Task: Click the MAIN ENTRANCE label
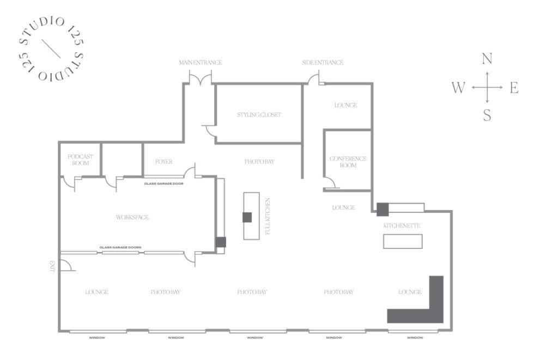click(x=201, y=63)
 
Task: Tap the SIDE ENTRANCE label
click(x=323, y=63)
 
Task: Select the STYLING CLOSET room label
click(x=259, y=115)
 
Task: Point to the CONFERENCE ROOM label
click(x=348, y=162)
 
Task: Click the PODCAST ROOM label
click(x=80, y=160)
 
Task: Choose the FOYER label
click(x=163, y=162)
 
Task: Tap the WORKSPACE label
click(x=132, y=217)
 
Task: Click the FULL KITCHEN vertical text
click(x=268, y=216)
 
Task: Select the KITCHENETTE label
click(x=402, y=225)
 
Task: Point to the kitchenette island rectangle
click(x=403, y=241)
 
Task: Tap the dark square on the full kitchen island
click(x=247, y=217)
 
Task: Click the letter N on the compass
click(x=487, y=59)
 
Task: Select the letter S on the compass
click(x=487, y=115)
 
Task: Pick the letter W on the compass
click(x=458, y=88)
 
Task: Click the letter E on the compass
click(x=514, y=88)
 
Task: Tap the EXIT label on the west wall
click(x=53, y=266)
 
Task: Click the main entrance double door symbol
click(x=201, y=78)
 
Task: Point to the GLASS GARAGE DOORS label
click(x=120, y=248)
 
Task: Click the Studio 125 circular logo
click(x=51, y=47)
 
